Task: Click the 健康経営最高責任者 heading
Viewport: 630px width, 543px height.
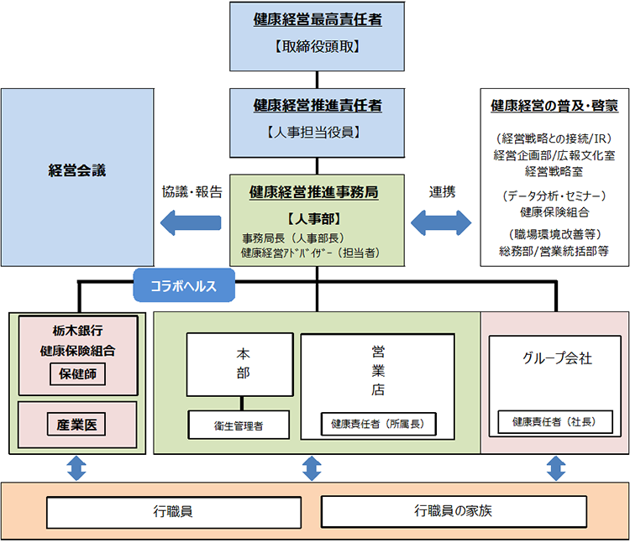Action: (318, 19)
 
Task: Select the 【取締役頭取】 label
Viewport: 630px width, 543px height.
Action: (318, 47)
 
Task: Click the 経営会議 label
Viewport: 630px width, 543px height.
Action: (77, 170)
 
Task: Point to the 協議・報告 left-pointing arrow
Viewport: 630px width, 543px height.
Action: (191, 222)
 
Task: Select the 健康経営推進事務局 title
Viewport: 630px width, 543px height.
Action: (313, 192)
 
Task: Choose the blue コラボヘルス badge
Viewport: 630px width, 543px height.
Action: (183, 286)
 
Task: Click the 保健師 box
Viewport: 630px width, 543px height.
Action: (77, 373)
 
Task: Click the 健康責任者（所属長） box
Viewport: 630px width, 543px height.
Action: (377, 425)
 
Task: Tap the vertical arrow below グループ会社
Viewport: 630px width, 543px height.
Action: (555, 467)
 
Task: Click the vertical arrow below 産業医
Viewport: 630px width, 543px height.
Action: (76, 467)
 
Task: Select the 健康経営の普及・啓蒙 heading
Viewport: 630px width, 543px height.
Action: (554, 107)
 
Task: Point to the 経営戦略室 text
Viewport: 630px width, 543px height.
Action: (554, 170)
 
